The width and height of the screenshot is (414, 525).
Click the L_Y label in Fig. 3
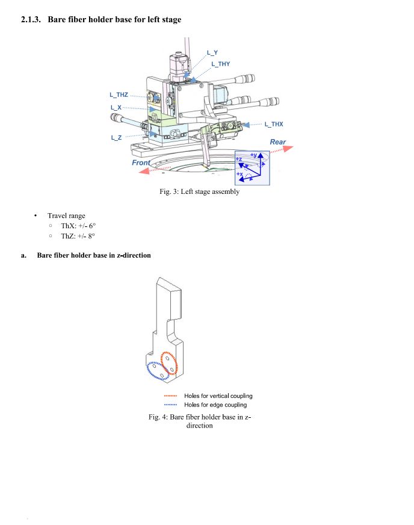tap(212, 52)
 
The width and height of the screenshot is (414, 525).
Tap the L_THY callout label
tap(221, 64)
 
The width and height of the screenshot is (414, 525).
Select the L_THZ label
tap(119, 95)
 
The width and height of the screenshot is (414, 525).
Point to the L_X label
tap(116, 108)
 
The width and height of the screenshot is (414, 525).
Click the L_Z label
tap(116, 138)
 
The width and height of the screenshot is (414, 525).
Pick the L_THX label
tap(274, 124)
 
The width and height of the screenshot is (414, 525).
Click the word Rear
tap(278, 142)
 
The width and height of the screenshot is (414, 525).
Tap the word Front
tap(141, 163)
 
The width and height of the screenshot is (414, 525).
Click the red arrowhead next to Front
tap(144, 171)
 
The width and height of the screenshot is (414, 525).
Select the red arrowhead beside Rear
tap(288, 148)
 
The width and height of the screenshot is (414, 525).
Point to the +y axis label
tap(254, 155)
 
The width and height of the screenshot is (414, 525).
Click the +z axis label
tap(239, 159)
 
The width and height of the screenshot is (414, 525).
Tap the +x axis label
tap(239, 174)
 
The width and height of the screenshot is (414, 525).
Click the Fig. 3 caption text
tap(199, 191)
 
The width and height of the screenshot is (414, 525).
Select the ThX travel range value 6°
tap(92, 226)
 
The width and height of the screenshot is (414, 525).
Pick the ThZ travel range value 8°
tap(91, 236)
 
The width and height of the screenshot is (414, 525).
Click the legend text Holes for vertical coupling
tap(218, 396)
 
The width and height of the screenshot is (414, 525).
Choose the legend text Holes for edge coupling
tap(215, 405)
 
